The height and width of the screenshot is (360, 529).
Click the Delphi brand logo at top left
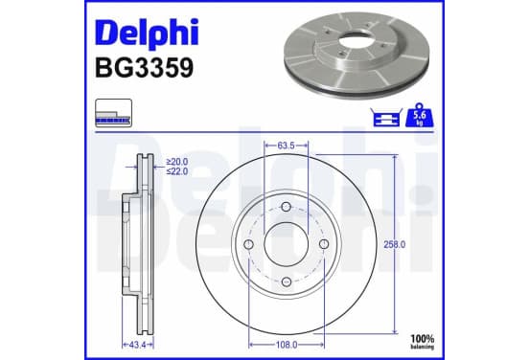(147, 33)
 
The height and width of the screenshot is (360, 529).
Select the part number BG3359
(145, 68)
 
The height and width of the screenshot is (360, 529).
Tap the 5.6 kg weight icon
(420, 115)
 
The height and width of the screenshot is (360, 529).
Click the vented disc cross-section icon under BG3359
(113, 113)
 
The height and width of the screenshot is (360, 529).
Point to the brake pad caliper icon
(386, 118)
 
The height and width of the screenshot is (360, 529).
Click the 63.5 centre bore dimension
(287, 146)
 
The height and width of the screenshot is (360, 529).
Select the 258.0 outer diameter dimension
(394, 244)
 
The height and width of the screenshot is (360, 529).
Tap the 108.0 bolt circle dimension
(287, 345)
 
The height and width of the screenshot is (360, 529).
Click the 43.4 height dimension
(137, 345)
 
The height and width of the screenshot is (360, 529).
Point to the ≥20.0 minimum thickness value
(177, 162)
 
